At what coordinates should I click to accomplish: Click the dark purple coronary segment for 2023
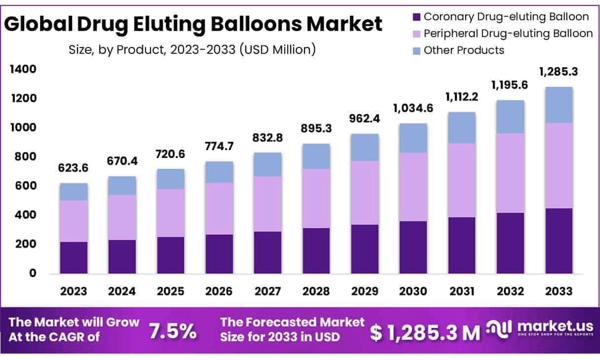pyautogui.click(x=74, y=258)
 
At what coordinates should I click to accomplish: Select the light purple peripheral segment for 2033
pyautogui.click(x=559, y=165)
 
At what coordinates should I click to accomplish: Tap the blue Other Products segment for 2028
pyautogui.click(x=316, y=156)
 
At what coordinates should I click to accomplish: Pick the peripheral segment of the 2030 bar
pyautogui.click(x=413, y=187)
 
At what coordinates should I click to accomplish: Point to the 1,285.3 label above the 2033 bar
pyautogui.click(x=559, y=73)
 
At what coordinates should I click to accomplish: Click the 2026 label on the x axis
pyautogui.click(x=219, y=291)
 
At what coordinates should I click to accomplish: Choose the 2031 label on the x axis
pyautogui.click(x=462, y=291)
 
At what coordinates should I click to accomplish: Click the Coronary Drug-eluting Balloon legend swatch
pyautogui.click(x=416, y=17)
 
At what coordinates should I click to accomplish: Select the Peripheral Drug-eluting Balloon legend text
pyautogui.click(x=508, y=34)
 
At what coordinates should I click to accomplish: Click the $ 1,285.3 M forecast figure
pyautogui.click(x=425, y=333)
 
